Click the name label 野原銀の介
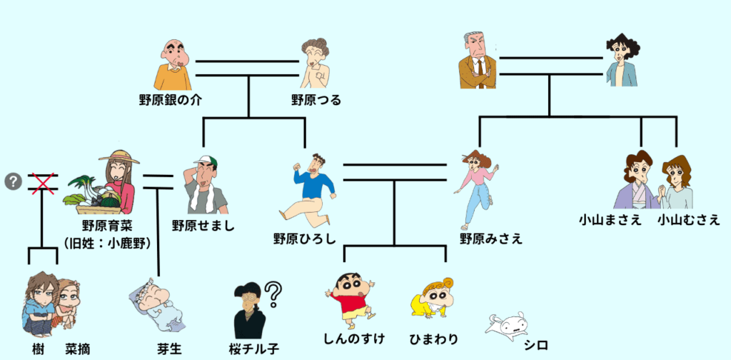170,100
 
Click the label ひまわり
434,339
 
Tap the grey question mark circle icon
12,182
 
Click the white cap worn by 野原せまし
205,160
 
